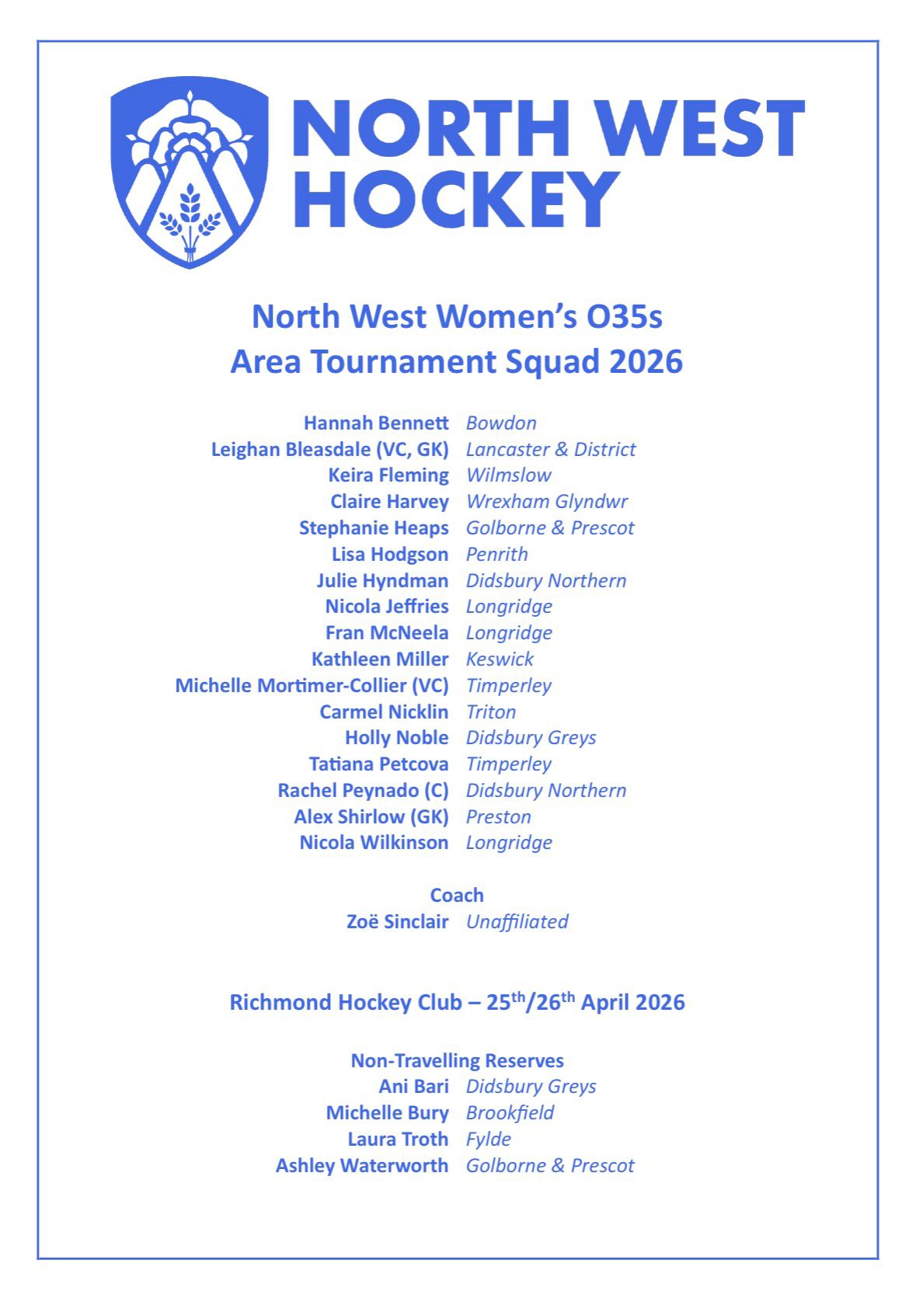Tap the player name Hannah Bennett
[376, 423]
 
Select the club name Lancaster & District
[550, 450]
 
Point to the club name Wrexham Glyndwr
[546, 502]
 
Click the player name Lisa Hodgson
[389, 555]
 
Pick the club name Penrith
[496, 555]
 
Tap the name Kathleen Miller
[380, 659]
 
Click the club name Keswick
[500, 659]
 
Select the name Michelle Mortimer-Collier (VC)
[312, 686]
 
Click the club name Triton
[490, 712]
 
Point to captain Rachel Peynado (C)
[363, 791]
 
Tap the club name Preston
[498, 817]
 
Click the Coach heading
[457, 896]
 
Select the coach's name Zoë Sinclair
[397, 922]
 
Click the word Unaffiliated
[517, 922]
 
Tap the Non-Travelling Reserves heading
[457, 1061]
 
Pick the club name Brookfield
[510, 1113]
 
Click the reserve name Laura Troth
[397, 1140]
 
